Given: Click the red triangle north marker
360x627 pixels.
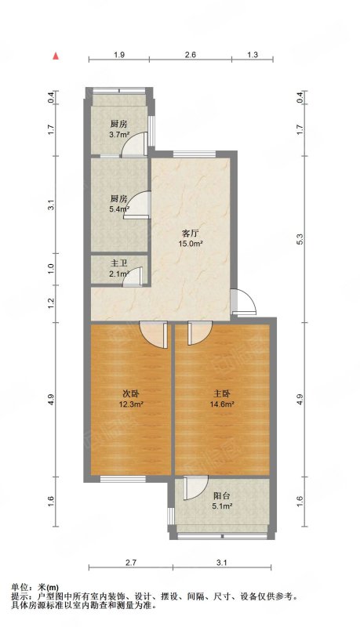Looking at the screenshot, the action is pyautogui.click(x=56, y=56).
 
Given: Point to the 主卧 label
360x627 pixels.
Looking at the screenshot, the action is pyautogui.click(x=222, y=394).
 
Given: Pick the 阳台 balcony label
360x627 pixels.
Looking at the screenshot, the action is pyautogui.click(x=222, y=496).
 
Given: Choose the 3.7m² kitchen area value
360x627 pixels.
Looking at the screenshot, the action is pyautogui.click(x=119, y=135).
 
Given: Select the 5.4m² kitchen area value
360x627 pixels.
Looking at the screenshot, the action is pyautogui.click(x=119, y=208).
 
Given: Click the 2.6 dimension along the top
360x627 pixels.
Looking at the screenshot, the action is pyautogui.click(x=191, y=55).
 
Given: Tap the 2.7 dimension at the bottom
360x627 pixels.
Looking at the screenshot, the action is pyautogui.click(x=131, y=563).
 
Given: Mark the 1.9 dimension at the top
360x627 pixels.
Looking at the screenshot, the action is pyautogui.click(x=119, y=55).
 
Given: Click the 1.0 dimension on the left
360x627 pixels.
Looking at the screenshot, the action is pyautogui.click(x=51, y=269).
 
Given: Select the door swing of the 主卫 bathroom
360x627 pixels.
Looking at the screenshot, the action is pyautogui.click(x=133, y=277).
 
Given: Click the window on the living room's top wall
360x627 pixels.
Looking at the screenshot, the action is pyautogui.click(x=195, y=154).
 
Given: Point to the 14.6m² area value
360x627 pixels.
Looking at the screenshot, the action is pyautogui.click(x=222, y=404).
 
